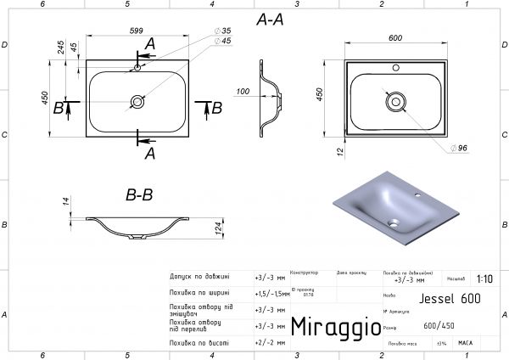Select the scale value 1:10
484,278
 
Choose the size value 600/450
439,327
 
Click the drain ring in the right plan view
395,101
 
